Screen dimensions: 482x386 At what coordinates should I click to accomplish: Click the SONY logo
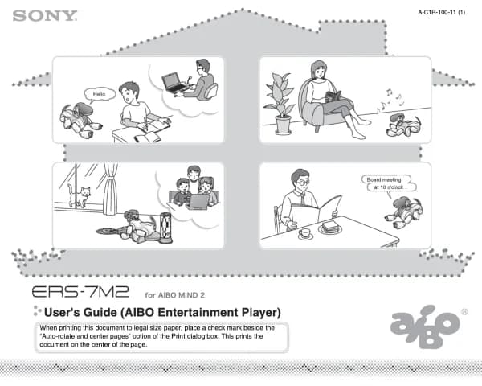pos(45,16)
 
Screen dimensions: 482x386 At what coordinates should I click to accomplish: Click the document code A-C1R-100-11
pos(437,12)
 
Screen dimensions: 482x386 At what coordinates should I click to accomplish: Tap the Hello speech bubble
pos(100,95)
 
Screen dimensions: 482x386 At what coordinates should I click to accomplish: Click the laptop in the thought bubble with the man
pos(174,83)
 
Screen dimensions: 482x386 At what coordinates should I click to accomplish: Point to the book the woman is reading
pos(333,96)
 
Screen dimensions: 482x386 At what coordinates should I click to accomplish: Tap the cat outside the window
pos(80,195)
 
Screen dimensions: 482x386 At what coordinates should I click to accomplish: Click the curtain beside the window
pos(110,189)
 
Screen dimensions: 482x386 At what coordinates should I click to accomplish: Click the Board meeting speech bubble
pos(389,184)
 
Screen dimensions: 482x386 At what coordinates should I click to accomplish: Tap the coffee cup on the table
pos(305,234)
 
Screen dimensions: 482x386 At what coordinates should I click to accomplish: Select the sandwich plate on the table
pos(330,228)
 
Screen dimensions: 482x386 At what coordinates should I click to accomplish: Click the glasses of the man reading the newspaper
pos(303,183)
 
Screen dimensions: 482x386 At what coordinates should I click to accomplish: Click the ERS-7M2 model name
pos(80,291)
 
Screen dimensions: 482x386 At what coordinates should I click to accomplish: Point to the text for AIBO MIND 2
pos(174,295)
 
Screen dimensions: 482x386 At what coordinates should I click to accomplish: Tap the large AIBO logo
pos(426,326)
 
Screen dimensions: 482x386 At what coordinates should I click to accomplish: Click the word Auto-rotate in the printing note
pos(58,336)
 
